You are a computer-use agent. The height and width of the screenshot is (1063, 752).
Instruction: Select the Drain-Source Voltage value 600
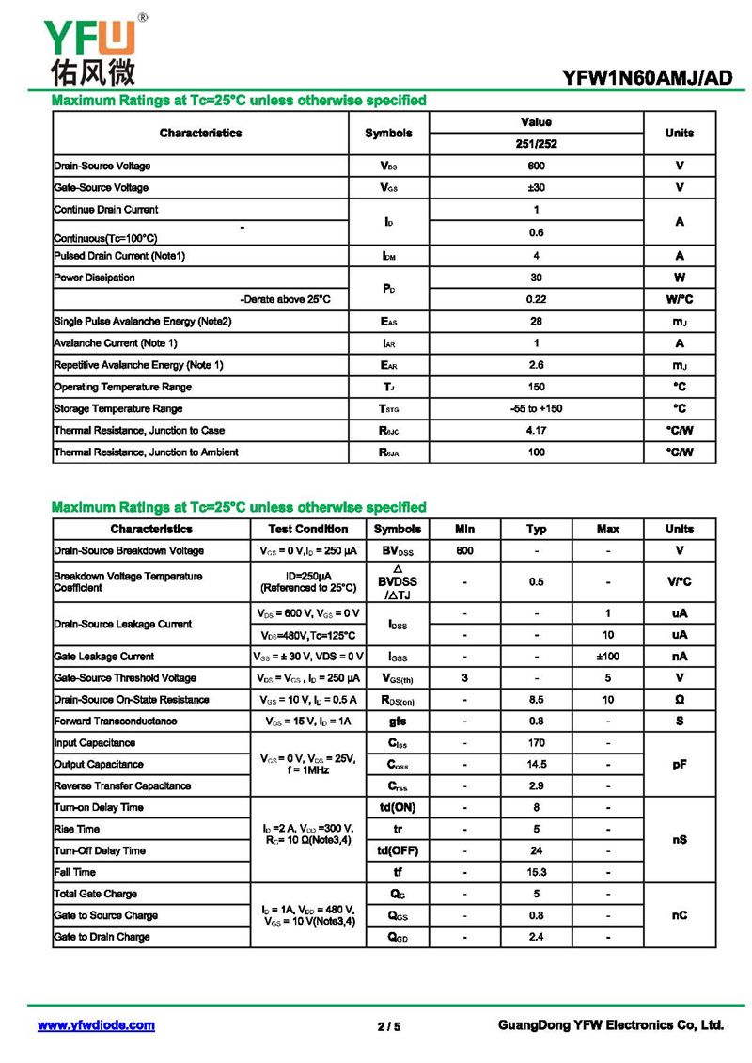pyautogui.click(x=536, y=166)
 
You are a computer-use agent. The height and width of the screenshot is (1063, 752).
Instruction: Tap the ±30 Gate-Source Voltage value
pyautogui.click(x=536, y=187)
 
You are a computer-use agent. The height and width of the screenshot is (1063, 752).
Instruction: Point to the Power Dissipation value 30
pyautogui.click(x=536, y=278)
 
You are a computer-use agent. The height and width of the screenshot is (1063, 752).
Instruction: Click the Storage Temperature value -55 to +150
pyautogui.click(x=536, y=408)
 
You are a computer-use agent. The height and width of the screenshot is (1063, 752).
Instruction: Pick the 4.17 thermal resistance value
pyautogui.click(x=536, y=430)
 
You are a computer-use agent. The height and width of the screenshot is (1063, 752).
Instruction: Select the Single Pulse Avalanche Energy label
pyautogui.click(x=143, y=321)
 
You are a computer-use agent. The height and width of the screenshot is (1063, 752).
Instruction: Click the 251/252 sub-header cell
pyautogui.click(x=536, y=144)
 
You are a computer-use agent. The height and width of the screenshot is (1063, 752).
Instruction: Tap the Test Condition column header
pyautogui.click(x=307, y=529)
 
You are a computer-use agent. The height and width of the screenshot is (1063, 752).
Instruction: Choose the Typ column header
pyautogui.click(x=536, y=529)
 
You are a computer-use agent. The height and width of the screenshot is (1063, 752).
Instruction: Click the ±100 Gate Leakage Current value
pyautogui.click(x=608, y=656)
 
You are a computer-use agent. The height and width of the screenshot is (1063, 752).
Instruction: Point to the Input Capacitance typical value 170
pyautogui.click(x=536, y=742)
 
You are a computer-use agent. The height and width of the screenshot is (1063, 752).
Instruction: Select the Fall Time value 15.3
pyautogui.click(x=536, y=872)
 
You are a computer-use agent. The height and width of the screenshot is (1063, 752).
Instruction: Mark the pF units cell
pyautogui.click(x=679, y=764)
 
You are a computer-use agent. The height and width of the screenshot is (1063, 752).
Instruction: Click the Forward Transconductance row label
pyautogui.click(x=116, y=721)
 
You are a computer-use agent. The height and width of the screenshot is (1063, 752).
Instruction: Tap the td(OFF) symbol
pyautogui.click(x=398, y=850)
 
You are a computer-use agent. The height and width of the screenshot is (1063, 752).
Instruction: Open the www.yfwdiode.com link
pyautogui.click(x=96, y=1025)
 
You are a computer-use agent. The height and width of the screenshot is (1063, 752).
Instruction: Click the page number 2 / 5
pyautogui.click(x=389, y=1026)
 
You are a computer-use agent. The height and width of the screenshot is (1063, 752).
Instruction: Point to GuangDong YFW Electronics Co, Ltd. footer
pyautogui.click(x=610, y=1025)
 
